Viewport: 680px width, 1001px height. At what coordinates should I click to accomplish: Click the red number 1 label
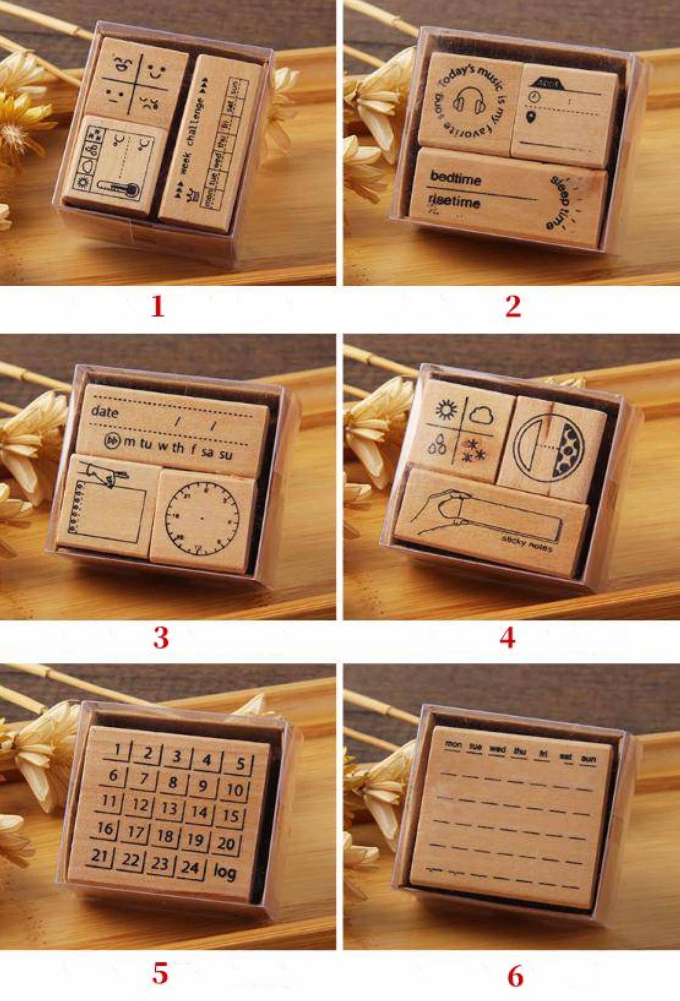[158, 307]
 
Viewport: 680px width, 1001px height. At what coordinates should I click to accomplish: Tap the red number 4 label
[507, 638]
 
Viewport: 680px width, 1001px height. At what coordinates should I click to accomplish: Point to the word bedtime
[456, 177]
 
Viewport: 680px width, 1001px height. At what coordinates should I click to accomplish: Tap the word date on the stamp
[105, 412]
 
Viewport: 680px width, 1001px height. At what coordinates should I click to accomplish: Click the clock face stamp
[202, 517]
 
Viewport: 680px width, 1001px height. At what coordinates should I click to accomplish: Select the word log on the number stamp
[225, 872]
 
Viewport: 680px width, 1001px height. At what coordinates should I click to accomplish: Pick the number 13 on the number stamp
[169, 808]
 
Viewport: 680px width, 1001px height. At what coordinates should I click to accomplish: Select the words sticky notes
[527, 544]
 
